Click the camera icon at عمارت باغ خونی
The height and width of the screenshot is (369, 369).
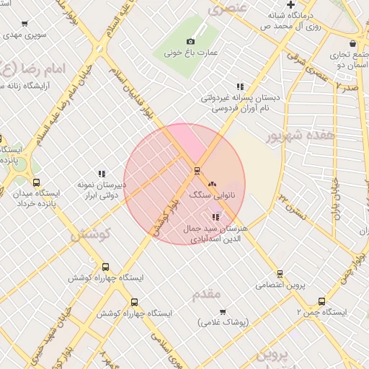[x=190, y=42]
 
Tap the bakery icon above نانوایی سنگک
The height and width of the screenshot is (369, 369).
[x=212, y=185]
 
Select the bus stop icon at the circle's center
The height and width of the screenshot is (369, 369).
[x=196, y=171]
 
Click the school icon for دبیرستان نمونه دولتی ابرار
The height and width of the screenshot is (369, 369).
[x=102, y=173]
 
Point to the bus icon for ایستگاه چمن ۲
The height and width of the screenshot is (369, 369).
[x=321, y=302]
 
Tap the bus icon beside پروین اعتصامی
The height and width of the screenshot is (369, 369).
[x=280, y=273]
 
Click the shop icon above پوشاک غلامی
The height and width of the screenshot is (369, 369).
[x=222, y=311]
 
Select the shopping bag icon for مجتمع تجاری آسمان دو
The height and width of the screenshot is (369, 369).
[x=352, y=43]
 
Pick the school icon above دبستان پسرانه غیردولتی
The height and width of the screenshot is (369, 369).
[x=240, y=86]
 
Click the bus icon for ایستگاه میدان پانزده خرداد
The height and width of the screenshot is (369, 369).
[x=37, y=183]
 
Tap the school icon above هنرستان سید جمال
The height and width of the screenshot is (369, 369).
[x=215, y=217]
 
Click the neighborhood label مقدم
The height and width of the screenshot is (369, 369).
[x=208, y=294]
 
